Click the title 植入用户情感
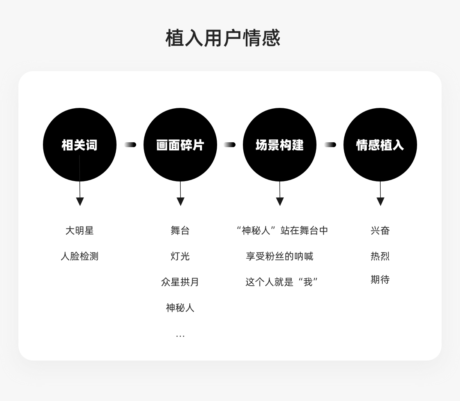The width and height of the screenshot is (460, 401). [x=223, y=38]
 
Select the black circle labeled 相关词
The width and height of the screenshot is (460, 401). [x=79, y=145]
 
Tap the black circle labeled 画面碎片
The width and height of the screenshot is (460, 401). [x=180, y=145]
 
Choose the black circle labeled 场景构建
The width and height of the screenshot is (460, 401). [x=280, y=145]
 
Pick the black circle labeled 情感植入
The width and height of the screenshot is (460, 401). [x=380, y=145]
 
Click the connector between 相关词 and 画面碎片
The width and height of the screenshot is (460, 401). [x=130, y=145]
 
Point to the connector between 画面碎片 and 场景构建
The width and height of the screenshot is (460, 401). [x=230, y=145]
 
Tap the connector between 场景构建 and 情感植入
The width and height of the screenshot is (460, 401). [x=330, y=145]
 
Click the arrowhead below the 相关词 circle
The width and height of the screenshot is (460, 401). [x=80, y=202]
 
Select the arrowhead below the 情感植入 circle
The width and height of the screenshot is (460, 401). [x=381, y=202]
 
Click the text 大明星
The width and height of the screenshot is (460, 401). [x=79, y=231]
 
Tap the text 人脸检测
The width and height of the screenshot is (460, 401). [x=79, y=256]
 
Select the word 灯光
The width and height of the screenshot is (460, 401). [x=180, y=256]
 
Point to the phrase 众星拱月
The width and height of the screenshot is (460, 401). [x=180, y=282]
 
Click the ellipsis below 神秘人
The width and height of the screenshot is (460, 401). [x=180, y=336]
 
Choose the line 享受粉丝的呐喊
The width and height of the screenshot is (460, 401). [x=280, y=256]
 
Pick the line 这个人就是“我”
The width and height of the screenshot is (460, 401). [x=282, y=282]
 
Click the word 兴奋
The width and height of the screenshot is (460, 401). [x=380, y=231]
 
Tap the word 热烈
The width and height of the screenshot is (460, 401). [x=380, y=256]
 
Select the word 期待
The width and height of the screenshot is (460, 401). [x=380, y=280]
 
